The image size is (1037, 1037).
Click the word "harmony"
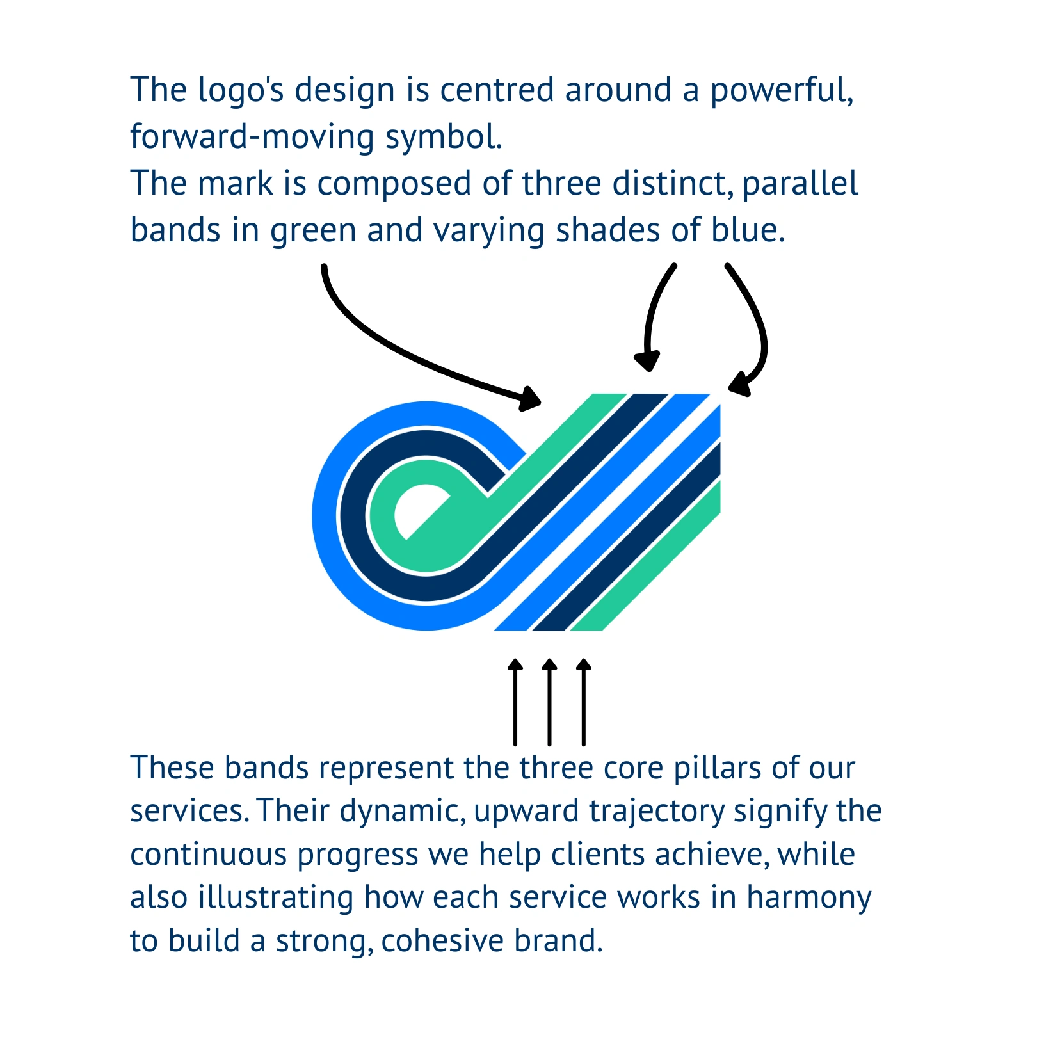click(809, 899)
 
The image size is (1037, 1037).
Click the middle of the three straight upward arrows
click(549, 702)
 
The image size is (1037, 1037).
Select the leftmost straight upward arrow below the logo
click(515, 702)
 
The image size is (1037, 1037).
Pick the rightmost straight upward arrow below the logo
click(583, 702)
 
